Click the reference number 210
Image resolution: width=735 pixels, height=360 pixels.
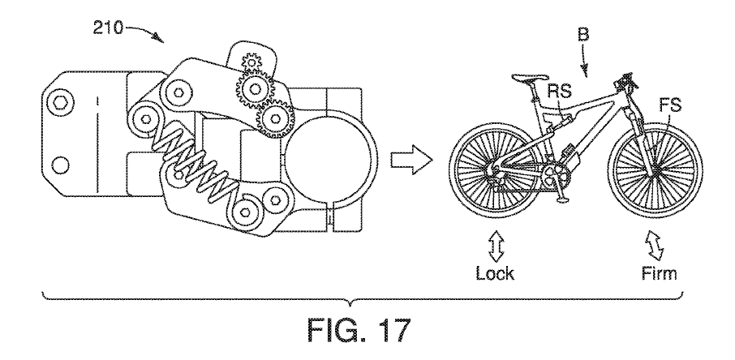[108, 29]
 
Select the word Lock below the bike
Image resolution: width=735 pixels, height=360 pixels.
[495, 272]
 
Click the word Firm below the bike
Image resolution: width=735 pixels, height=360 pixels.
[659, 272]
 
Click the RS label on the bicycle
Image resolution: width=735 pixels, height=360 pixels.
[560, 92]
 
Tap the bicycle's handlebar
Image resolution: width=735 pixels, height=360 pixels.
[625, 79]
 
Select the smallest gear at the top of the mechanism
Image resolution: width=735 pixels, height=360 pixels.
[251, 62]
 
